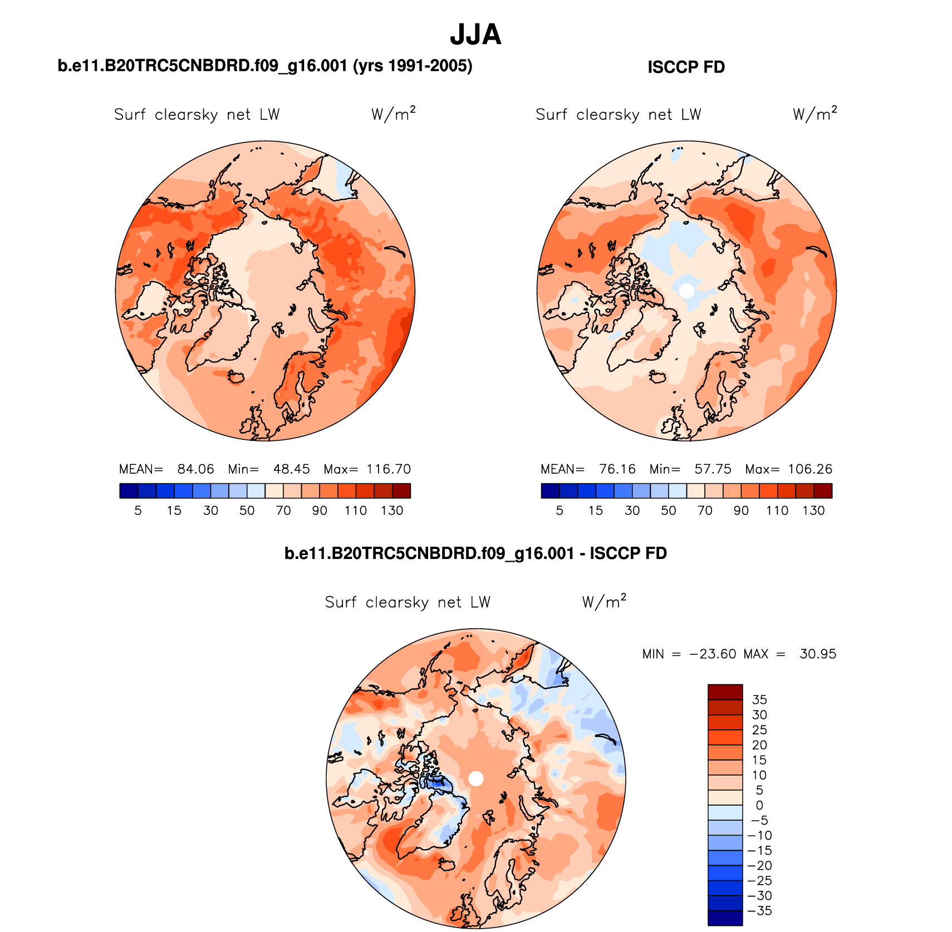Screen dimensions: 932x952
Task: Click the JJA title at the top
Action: pyautogui.click(x=475, y=35)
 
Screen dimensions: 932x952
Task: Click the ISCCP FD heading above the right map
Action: pyautogui.click(x=686, y=67)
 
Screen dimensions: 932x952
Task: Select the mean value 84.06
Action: pyautogui.click(x=195, y=469)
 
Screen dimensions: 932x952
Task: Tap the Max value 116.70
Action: pyautogui.click(x=389, y=469)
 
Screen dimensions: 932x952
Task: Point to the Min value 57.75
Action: pyautogui.click(x=713, y=469)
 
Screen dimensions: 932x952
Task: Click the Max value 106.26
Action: pyautogui.click(x=810, y=469)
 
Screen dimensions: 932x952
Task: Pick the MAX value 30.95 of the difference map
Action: pyautogui.click(x=818, y=654)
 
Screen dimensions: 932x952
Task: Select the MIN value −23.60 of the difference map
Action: pyautogui.click(x=713, y=654)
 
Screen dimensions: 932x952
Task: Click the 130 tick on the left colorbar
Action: pyautogui.click(x=392, y=511)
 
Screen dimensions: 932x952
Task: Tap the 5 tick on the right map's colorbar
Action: pyautogui.click(x=560, y=511)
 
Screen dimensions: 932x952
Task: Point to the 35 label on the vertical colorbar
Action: pyautogui.click(x=759, y=700)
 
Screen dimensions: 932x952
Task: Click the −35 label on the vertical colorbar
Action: pyautogui.click(x=759, y=911)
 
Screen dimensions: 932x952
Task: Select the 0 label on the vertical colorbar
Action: pyautogui.click(x=759, y=805)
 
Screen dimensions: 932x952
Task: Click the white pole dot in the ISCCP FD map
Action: pyautogui.click(x=687, y=290)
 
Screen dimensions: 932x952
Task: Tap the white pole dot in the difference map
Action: pyautogui.click(x=476, y=778)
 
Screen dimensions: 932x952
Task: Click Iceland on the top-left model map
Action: pyautogui.click(x=236, y=377)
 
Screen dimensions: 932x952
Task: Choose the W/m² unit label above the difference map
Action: pyautogui.click(x=604, y=602)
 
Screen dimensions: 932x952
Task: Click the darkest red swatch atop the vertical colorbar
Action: pyautogui.click(x=725, y=692)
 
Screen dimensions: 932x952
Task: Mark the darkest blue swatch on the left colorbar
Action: pyautogui.click(x=129, y=490)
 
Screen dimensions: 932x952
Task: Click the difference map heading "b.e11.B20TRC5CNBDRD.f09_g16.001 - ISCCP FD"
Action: pyautogui.click(x=475, y=553)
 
